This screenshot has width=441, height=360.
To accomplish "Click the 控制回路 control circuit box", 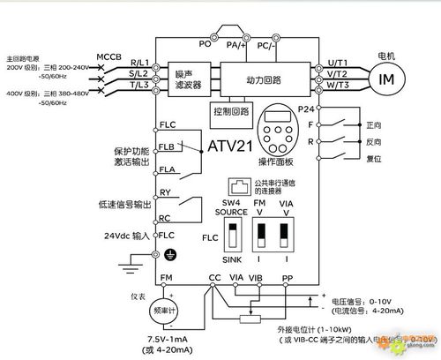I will (x=231, y=113).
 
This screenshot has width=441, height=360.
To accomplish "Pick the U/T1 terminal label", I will (x=337, y=64).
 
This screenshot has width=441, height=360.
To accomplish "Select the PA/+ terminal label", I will (x=235, y=42).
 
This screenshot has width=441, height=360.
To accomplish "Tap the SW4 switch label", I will (x=232, y=203).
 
